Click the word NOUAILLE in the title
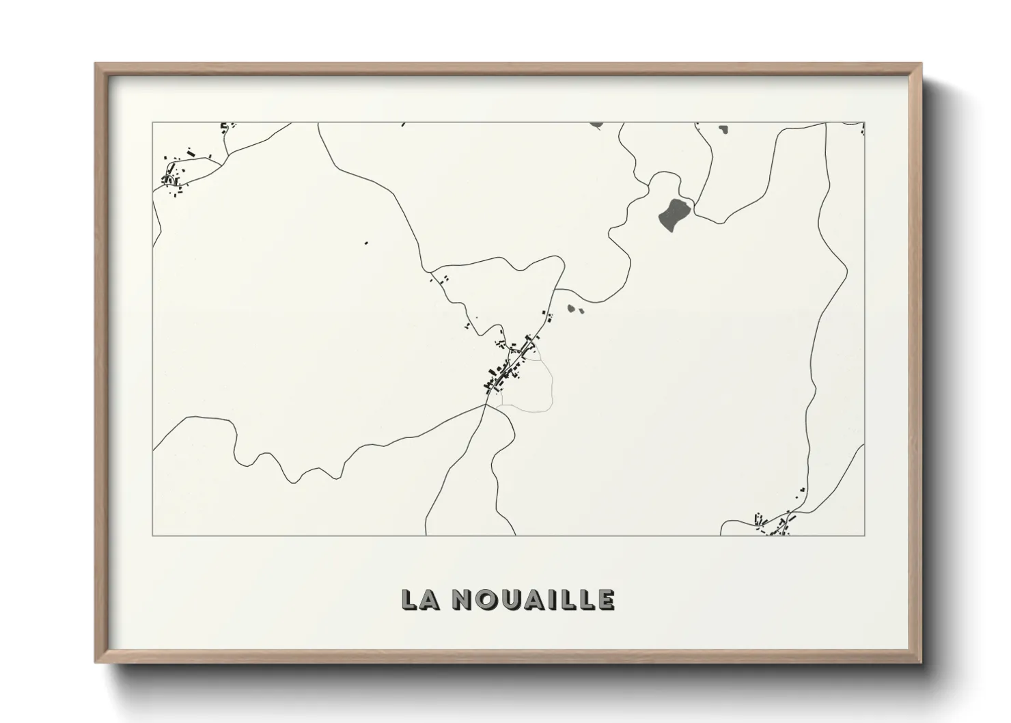click(534, 599)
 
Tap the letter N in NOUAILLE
click(465, 599)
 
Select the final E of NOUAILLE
click(606, 599)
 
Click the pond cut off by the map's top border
click(597, 125)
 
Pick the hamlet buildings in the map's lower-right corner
click(775, 525)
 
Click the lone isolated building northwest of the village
click(366, 242)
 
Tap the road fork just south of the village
click(486, 405)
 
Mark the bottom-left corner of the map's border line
click(153, 535)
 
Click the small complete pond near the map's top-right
click(723, 128)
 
